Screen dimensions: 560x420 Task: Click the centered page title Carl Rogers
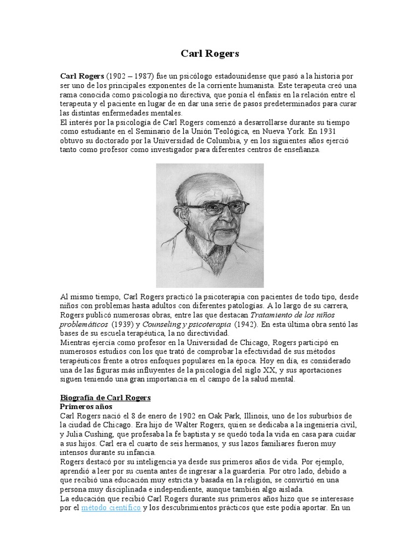tap(210, 54)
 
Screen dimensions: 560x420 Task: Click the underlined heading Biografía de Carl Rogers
tap(104, 397)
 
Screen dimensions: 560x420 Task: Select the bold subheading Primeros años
tap(85, 407)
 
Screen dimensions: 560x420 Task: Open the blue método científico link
tap(111, 508)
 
